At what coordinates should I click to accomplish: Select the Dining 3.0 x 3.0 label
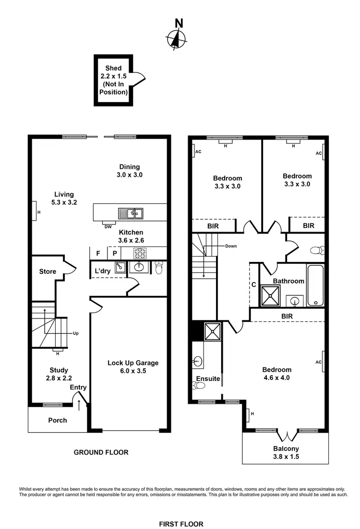(130, 171)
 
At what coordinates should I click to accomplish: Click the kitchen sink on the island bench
(131, 212)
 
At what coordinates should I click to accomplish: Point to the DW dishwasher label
(108, 227)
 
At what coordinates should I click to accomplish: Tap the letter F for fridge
(98, 253)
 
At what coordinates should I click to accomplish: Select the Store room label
(48, 271)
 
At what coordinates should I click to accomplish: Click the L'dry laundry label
(102, 270)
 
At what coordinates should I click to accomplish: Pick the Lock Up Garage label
(132, 367)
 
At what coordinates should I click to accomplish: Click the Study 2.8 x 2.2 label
(59, 374)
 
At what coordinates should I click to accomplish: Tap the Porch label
(58, 420)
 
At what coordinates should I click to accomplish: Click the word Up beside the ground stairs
(75, 333)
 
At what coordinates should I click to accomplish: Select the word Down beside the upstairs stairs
(230, 246)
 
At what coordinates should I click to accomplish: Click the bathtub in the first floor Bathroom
(315, 285)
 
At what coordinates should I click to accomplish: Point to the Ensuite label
(208, 378)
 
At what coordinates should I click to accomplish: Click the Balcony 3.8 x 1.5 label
(286, 453)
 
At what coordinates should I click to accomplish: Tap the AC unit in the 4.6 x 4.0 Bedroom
(324, 362)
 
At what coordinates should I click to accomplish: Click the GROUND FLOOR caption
(101, 452)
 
